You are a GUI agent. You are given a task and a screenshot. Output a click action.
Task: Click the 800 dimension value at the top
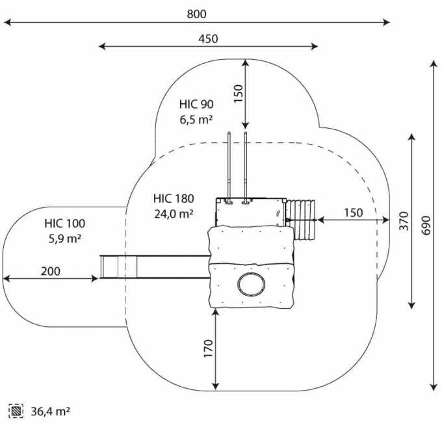pos(196,14)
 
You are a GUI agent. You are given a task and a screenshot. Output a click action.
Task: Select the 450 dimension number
pos(208,39)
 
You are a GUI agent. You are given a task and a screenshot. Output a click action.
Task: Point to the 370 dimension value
pos(404,221)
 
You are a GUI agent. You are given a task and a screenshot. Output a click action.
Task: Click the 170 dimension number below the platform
pos(208,348)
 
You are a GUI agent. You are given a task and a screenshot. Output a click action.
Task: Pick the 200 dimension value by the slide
pos(51,271)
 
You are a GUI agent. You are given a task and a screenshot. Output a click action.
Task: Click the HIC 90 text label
pos(196,104)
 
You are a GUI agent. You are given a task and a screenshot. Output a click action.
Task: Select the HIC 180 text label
pos(174,199)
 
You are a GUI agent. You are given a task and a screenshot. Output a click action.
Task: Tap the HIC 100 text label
pos(65,224)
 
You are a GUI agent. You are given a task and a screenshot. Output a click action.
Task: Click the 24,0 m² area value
pos(174,214)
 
